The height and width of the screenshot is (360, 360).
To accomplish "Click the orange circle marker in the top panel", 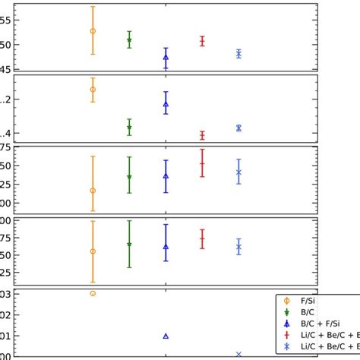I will [x=93, y=31].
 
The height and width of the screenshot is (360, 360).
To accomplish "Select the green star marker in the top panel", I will [x=129, y=40].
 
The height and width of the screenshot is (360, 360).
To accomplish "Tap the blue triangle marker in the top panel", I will [x=166, y=57].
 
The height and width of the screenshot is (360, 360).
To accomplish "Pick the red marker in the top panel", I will [x=202, y=41].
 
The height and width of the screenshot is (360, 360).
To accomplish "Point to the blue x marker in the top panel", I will [x=238, y=53].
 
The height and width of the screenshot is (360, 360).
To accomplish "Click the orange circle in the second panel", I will [x=93, y=90].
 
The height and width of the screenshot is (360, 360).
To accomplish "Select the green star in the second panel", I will [x=129, y=128].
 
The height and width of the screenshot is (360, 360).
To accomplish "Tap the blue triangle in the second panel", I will [x=166, y=104].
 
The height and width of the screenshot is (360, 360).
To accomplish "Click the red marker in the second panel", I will [x=202, y=135].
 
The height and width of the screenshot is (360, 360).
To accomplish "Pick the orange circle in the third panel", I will [x=93, y=191].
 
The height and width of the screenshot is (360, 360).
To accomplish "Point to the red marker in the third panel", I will [x=202, y=163].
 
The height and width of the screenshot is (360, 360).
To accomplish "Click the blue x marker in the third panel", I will [x=238, y=172].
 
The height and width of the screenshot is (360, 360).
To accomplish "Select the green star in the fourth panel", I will [x=129, y=245].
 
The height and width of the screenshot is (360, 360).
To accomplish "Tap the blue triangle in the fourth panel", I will [x=166, y=246].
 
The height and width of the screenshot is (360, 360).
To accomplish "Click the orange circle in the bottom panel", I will [x=93, y=293].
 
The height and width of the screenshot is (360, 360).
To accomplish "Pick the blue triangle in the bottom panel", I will [x=166, y=336].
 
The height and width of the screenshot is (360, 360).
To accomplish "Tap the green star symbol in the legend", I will [x=286, y=312].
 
